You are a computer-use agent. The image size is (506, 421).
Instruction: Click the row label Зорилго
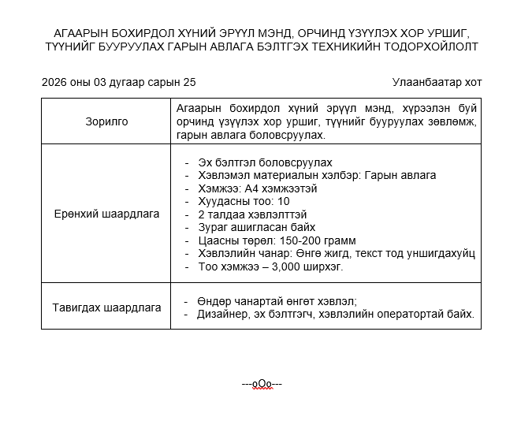(x=106, y=121)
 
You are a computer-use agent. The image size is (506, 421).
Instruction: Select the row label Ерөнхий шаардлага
(x=106, y=214)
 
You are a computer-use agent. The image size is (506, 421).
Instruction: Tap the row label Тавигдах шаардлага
(x=106, y=307)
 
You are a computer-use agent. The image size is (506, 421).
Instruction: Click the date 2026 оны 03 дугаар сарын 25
(x=118, y=83)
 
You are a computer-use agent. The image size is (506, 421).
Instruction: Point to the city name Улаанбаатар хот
(x=436, y=83)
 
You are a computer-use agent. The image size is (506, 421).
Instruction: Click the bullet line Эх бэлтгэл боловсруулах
(x=260, y=162)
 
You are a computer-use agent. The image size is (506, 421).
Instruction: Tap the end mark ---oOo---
(x=262, y=384)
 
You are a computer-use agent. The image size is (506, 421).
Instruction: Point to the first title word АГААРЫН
(x=81, y=33)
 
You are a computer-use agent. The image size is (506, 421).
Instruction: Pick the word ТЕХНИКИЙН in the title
(x=343, y=47)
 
